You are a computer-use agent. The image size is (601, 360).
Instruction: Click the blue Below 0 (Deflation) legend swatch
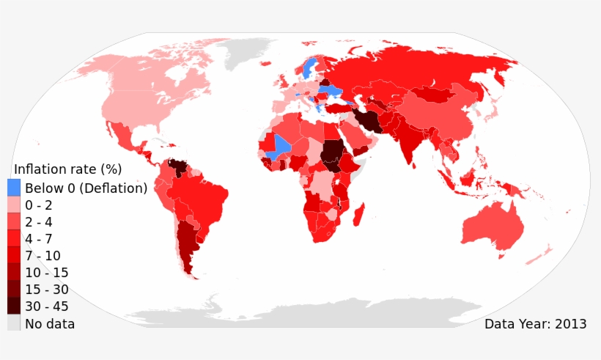[14, 188]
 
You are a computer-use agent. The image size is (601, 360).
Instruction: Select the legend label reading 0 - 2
[38, 205]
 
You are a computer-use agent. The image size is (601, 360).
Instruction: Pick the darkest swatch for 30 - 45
[14, 306]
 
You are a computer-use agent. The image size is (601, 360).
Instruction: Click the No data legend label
[50, 323]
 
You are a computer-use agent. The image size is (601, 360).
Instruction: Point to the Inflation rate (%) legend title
[68, 169]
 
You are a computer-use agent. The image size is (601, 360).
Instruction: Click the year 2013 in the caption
[571, 323]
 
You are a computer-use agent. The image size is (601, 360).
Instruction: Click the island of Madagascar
[360, 216]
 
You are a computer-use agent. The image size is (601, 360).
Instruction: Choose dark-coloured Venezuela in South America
[178, 166]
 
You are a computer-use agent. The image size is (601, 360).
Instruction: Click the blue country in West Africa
[280, 146]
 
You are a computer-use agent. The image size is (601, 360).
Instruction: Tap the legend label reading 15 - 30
[47, 290]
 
